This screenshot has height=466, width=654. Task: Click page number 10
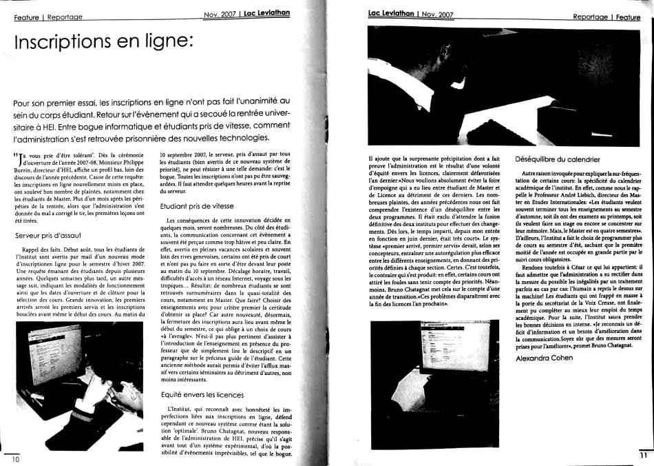pos(14,458)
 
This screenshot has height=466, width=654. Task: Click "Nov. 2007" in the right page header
pos(436,14)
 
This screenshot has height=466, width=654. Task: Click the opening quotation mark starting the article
pos(16,154)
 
